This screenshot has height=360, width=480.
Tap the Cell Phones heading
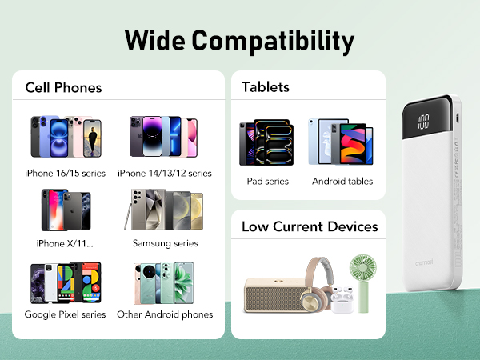pyautogui.click(x=63, y=87)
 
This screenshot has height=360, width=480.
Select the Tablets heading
pyautogui.click(x=266, y=87)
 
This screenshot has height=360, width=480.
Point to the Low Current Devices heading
pyautogui.click(x=310, y=227)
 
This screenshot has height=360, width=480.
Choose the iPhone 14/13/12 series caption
pyautogui.click(x=164, y=173)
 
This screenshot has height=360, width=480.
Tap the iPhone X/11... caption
pyautogui.click(x=65, y=243)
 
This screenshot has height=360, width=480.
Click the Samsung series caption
pyautogui.click(x=165, y=243)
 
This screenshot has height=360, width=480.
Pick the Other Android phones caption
pyautogui.click(x=165, y=314)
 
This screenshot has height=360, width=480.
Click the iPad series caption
pyautogui.click(x=266, y=181)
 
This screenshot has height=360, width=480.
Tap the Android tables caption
pyautogui.click(x=342, y=181)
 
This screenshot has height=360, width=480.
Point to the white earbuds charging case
pyautogui.click(x=342, y=300)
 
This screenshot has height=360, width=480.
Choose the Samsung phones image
pyautogui.click(x=164, y=212)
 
